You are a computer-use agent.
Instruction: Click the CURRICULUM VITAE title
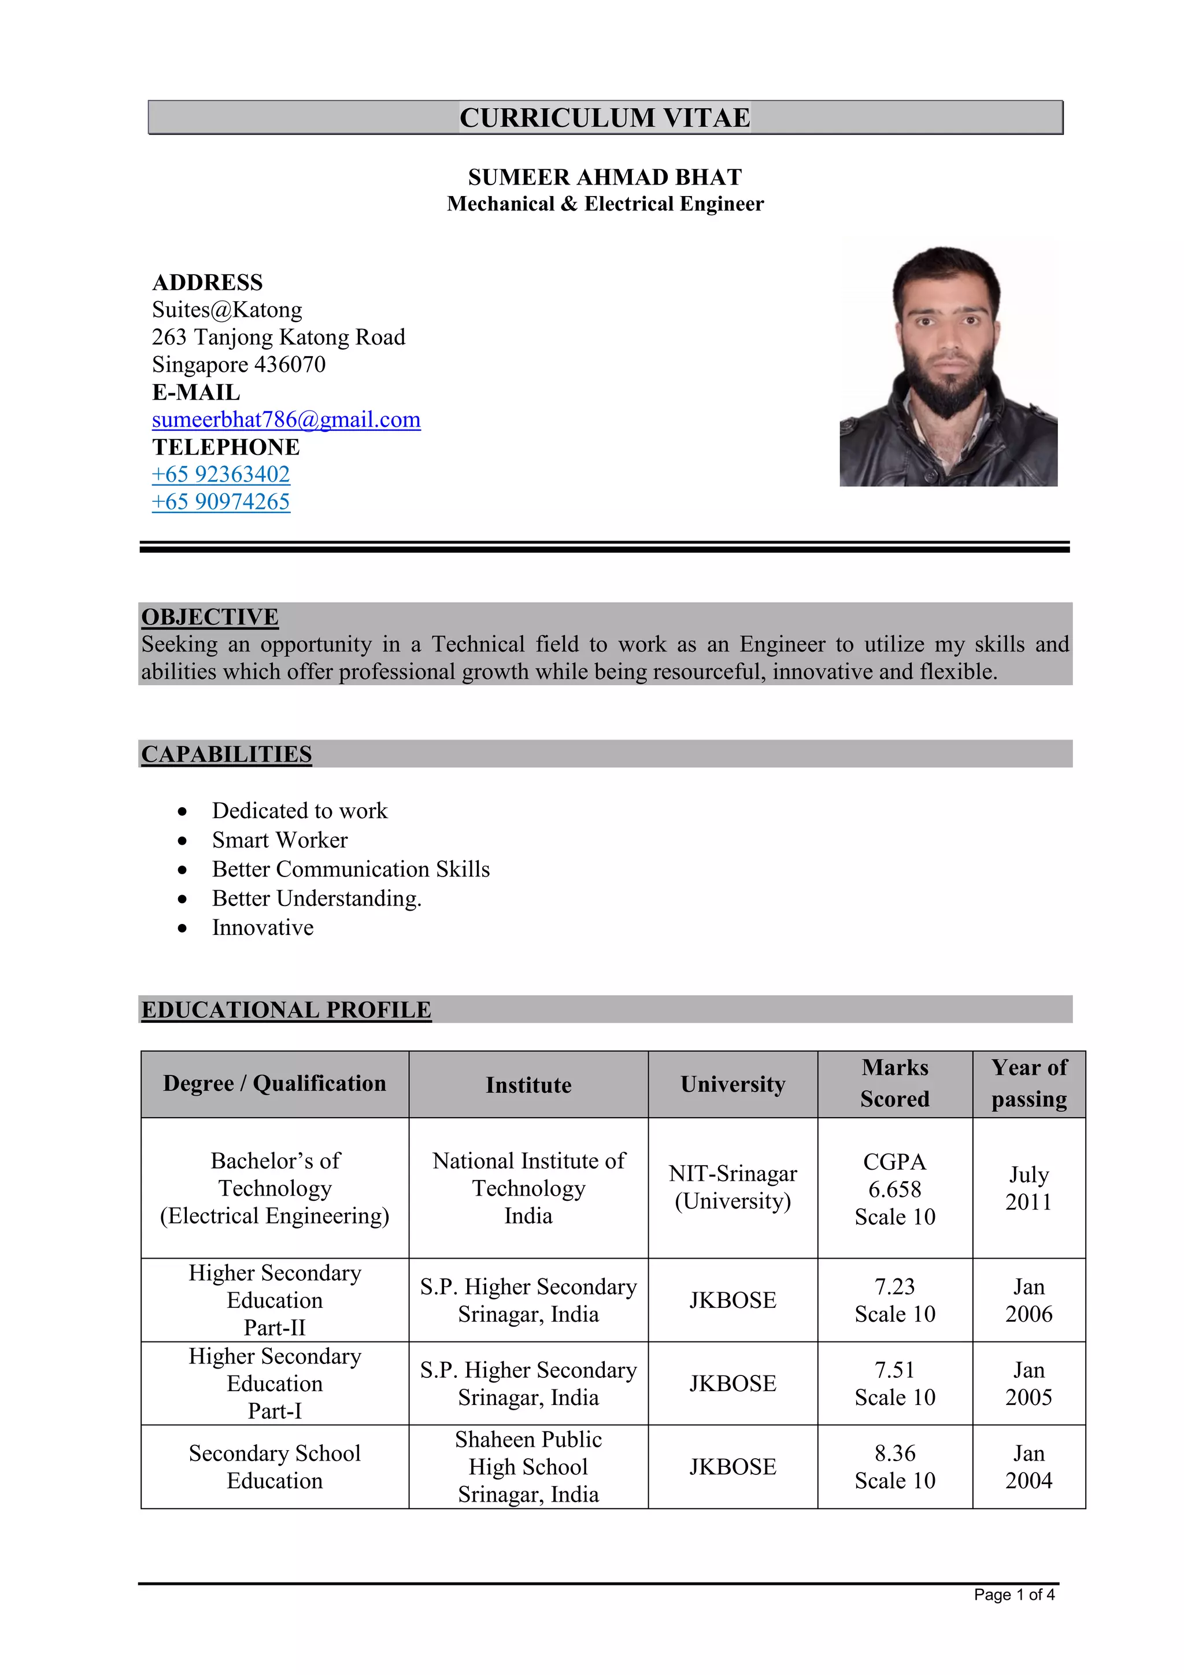605,117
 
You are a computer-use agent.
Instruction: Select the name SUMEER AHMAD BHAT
605,178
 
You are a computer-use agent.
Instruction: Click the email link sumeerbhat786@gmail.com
286,420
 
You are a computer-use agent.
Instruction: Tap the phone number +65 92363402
220,474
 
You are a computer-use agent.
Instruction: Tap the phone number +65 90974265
220,502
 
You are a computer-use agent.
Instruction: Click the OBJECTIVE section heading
209,617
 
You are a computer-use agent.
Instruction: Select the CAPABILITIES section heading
226,755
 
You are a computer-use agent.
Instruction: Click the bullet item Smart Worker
279,841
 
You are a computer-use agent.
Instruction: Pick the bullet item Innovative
262,928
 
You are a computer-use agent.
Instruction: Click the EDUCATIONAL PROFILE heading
286,1011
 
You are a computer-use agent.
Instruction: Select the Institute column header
528,1085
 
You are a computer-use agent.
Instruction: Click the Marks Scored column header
894,1084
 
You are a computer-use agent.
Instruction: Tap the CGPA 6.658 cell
894,1189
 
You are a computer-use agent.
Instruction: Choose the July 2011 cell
1028,1188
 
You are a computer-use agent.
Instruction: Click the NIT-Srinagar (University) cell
732,1188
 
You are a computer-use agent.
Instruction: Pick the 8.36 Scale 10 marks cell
894,1467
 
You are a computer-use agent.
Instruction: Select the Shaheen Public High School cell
528,1467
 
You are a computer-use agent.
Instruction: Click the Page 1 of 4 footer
1013,1595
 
